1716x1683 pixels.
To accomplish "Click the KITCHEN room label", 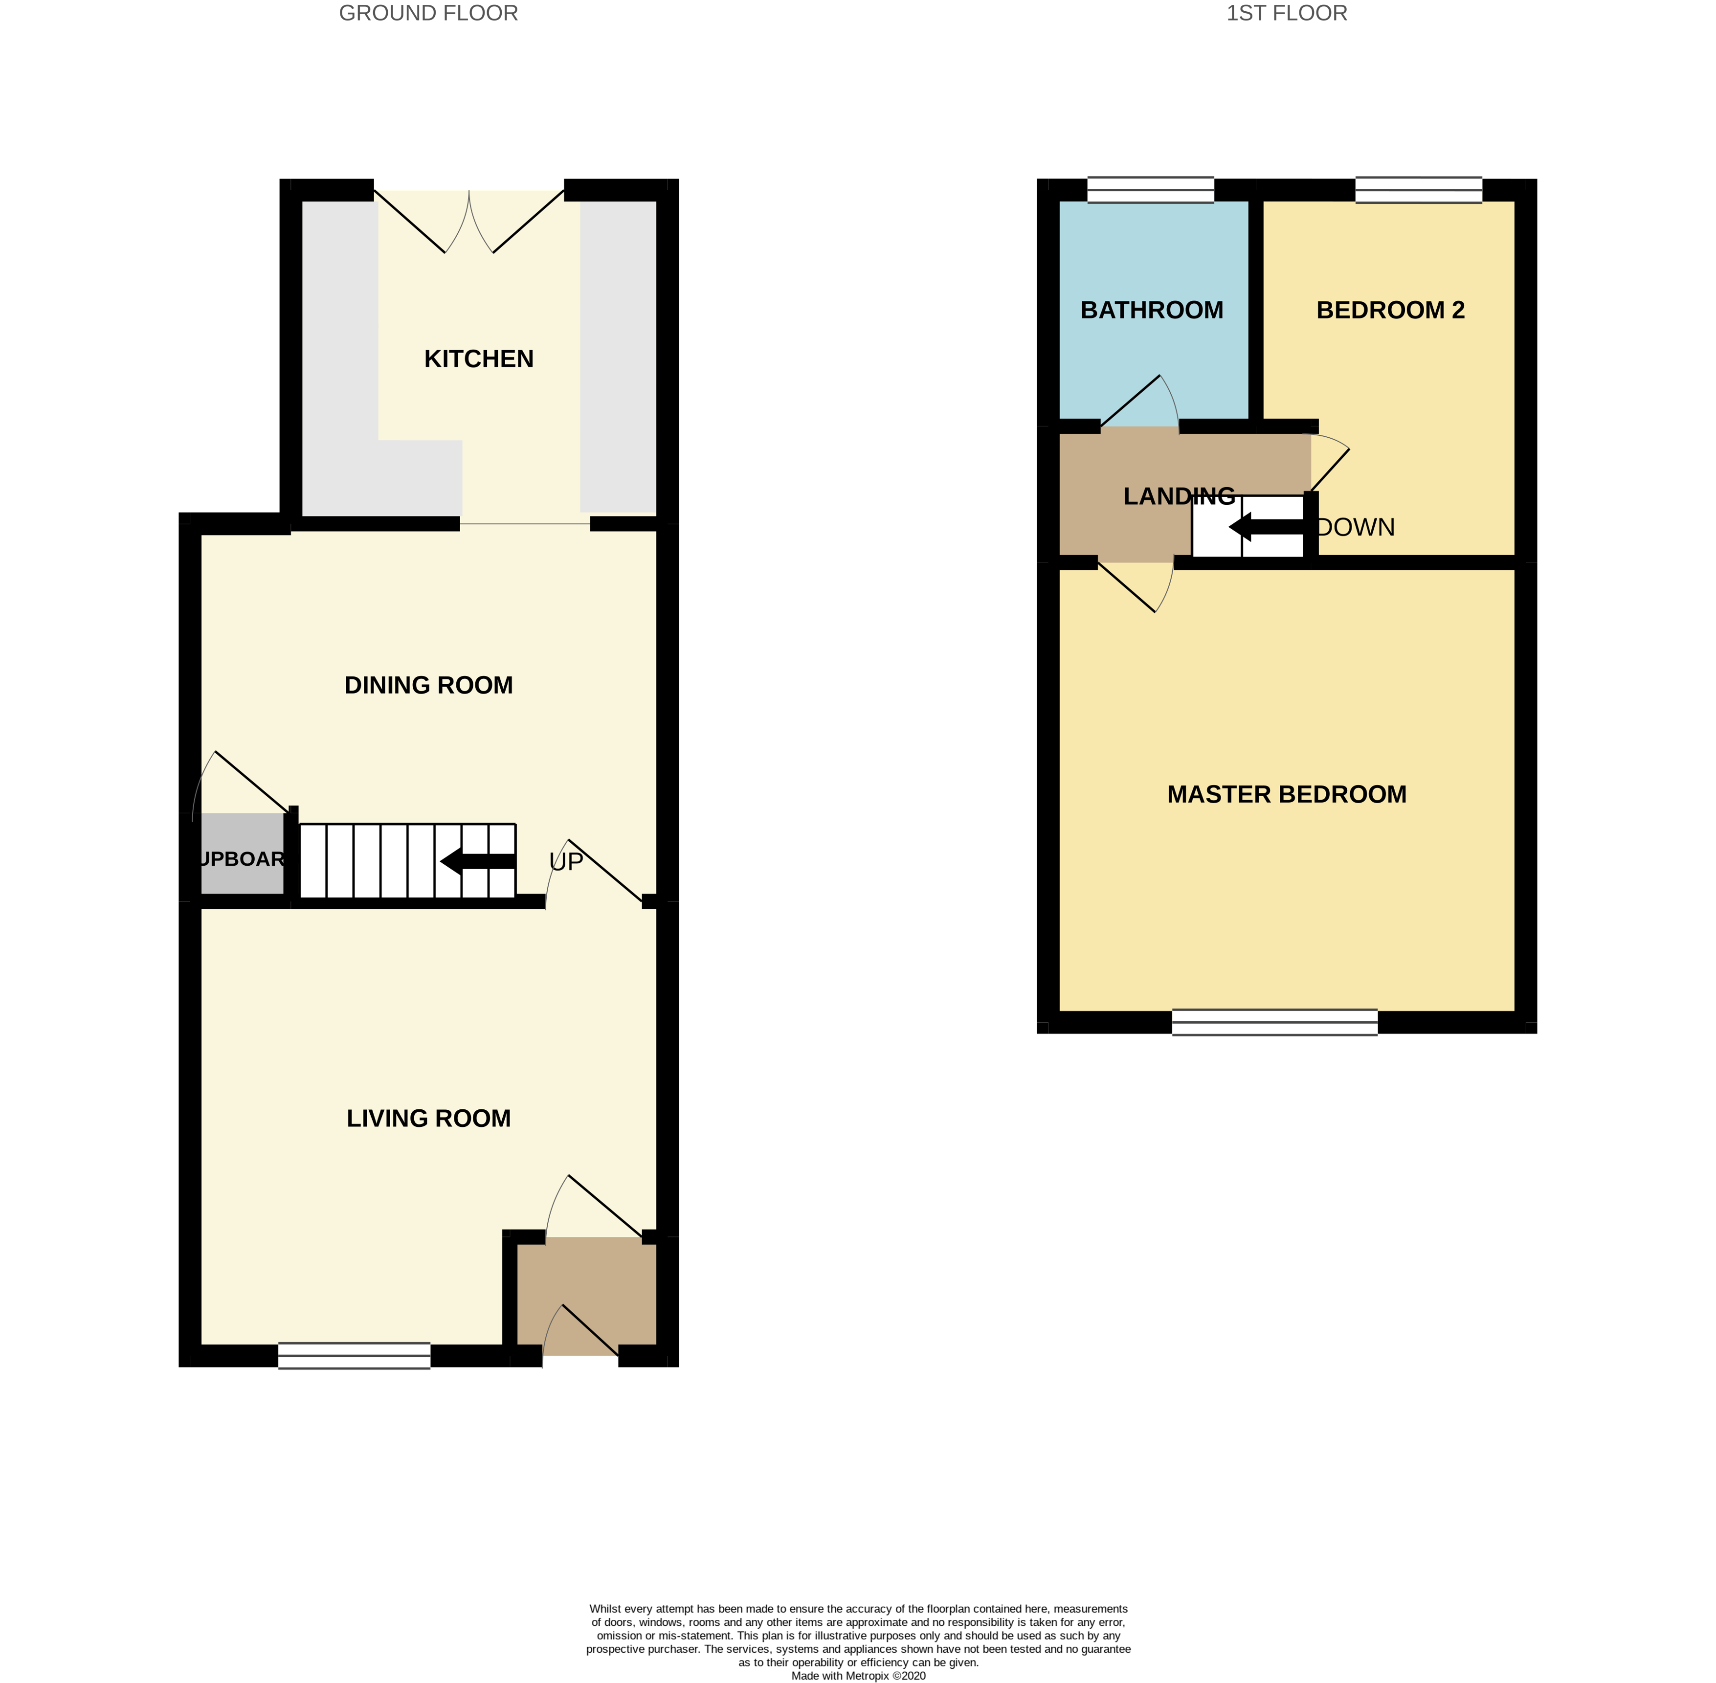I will click(x=478, y=359).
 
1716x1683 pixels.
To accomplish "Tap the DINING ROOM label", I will click(x=428, y=685).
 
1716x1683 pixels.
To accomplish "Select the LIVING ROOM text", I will click(x=428, y=1118).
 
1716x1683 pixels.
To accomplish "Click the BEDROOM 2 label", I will click(x=1390, y=310).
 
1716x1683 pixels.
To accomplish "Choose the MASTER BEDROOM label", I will click(x=1287, y=794).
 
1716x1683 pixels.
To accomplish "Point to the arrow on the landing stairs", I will click(x=1266, y=528).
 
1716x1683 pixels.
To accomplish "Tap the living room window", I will click(x=355, y=1355).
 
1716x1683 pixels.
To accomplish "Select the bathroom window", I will click(x=1151, y=190).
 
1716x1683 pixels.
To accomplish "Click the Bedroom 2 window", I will click(x=1418, y=190).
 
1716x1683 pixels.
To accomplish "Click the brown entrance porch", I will click(x=586, y=1295).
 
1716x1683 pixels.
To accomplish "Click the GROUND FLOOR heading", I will click(x=428, y=13).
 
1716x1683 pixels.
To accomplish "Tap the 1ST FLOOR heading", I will click(x=1287, y=13).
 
